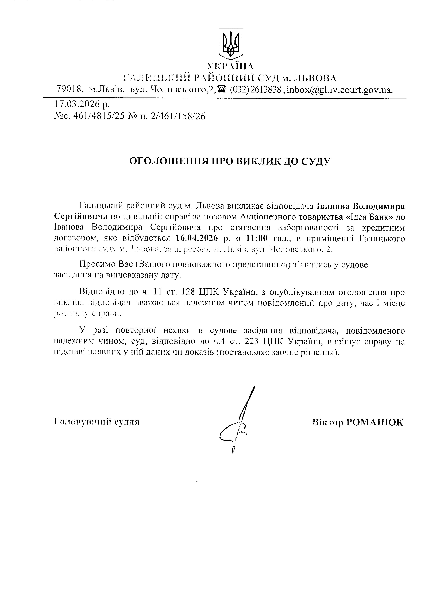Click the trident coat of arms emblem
click(230, 43)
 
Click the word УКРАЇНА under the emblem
click(230, 66)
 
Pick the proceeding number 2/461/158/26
click(178, 116)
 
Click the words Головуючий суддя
click(97, 422)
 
